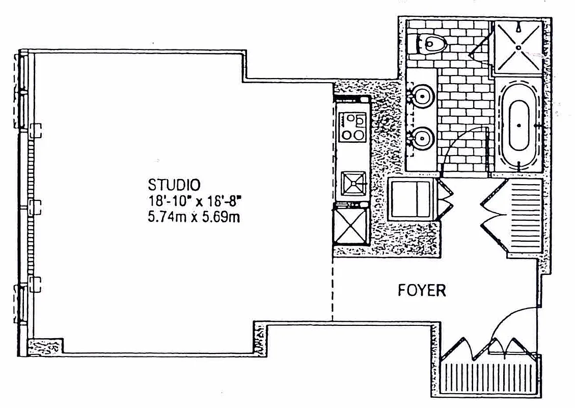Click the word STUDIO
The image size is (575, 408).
coord(174,184)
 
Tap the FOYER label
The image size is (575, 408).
coord(421,291)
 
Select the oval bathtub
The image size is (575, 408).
coord(518,125)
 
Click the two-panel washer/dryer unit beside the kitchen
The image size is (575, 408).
coord(412,199)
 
